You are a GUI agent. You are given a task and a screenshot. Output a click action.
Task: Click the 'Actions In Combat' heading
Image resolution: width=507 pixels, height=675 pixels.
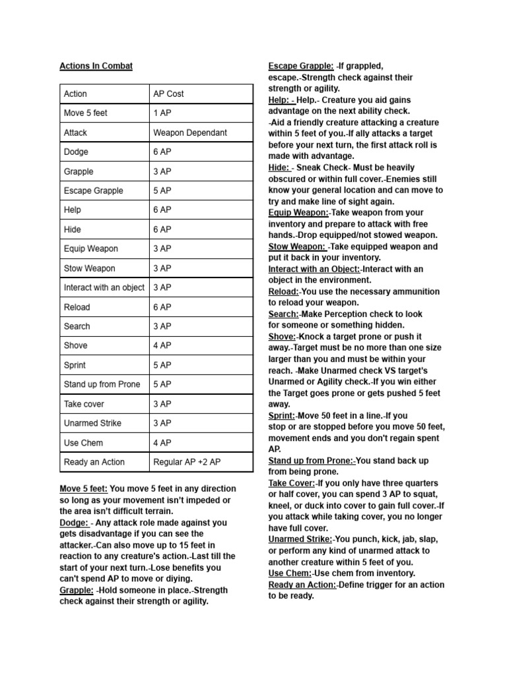click(x=96, y=66)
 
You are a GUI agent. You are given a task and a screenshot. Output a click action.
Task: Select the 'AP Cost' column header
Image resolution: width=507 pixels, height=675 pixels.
click(x=168, y=94)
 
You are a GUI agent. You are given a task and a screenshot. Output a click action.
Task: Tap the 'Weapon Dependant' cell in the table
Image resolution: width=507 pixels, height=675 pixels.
click(x=189, y=132)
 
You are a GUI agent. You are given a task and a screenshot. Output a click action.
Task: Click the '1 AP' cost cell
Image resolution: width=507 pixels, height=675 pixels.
click(x=162, y=113)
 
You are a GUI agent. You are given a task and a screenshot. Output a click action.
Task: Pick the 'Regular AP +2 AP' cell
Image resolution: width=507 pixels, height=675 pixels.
click(x=187, y=462)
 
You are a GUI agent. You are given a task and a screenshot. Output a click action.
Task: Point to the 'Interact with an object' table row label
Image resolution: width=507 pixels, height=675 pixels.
click(x=104, y=287)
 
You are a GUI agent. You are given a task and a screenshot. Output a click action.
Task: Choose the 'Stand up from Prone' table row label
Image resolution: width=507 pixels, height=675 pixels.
click(x=102, y=384)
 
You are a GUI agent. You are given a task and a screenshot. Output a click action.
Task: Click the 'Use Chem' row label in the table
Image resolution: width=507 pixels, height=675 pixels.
click(x=83, y=443)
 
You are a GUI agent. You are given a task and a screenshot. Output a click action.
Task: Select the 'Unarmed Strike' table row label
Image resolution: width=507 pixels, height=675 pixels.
click(x=92, y=423)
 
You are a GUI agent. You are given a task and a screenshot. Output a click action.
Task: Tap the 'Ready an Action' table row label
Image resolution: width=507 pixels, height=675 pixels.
click(x=94, y=462)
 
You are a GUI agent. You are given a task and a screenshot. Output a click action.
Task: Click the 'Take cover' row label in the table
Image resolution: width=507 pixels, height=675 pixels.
click(x=84, y=404)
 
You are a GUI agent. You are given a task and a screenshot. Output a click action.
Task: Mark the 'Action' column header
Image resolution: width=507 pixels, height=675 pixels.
click(x=75, y=94)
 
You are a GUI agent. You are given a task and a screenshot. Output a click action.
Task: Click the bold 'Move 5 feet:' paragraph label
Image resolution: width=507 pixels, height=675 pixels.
click(x=84, y=488)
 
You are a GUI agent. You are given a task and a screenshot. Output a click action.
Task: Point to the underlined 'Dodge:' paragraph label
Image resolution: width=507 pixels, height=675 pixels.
click(x=73, y=523)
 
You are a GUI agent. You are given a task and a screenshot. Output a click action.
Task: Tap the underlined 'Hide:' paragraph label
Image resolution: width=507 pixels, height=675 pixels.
click(x=279, y=167)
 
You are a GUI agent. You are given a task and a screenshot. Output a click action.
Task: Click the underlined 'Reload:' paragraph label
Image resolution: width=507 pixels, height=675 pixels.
click(x=283, y=291)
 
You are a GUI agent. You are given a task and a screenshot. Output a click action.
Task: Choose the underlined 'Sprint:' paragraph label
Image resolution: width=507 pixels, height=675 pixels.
click(x=281, y=416)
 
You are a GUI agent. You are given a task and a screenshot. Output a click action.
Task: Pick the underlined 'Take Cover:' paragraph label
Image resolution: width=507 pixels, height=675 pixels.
click(x=291, y=483)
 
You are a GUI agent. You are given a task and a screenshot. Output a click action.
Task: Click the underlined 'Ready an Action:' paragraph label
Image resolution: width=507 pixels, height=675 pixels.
click(x=302, y=585)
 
